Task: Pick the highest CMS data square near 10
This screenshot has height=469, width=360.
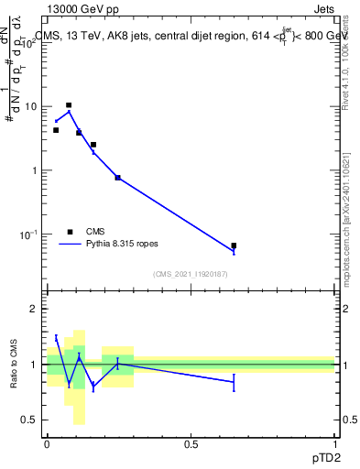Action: pyautogui.click(x=69, y=105)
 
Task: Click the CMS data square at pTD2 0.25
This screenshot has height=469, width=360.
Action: pyautogui.click(x=118, y=177)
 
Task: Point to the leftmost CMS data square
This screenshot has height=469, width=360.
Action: pyautogui.click(x=56, y=130)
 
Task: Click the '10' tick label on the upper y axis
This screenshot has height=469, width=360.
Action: pyautogui.click(x=33, y=107)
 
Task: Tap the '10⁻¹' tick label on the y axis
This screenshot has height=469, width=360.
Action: pyautogui.click(x=31, y=234)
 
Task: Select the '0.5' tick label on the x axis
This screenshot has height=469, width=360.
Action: pyautogui.click(x=191, y=443)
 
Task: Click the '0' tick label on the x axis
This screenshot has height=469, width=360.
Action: pyautogui.click(x=47, y=443)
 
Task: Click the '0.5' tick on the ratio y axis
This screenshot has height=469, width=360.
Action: pyautogui.click(x=32, y=420)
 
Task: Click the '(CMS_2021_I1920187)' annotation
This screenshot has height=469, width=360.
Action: pyautogui.click(x=191, y=274)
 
